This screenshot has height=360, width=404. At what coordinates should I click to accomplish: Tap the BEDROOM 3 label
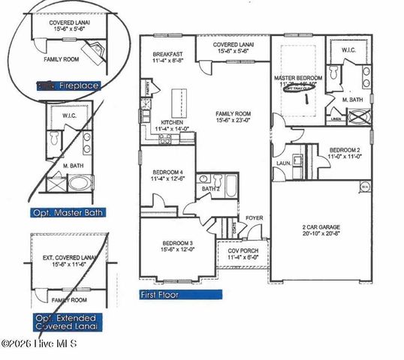(176, 244)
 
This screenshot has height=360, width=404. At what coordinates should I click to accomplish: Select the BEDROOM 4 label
(169, 172)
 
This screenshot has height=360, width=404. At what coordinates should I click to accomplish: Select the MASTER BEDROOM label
(298, 78)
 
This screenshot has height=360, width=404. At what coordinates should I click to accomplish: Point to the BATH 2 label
(210, 189)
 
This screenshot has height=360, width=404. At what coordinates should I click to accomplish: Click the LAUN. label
(283, 162)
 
